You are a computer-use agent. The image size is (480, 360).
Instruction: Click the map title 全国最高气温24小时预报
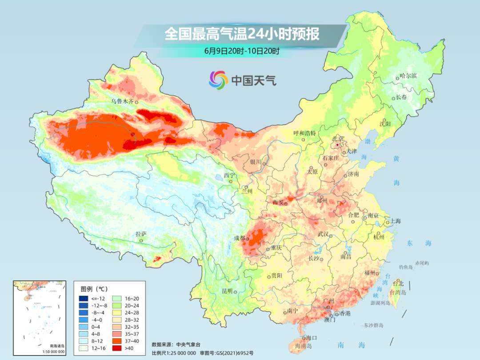coord(242,34)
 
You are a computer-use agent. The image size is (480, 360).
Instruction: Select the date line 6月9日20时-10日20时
coord(242,51)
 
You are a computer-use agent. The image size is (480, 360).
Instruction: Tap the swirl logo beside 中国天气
coord(218,80)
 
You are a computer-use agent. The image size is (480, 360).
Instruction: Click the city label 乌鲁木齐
coord(122,101)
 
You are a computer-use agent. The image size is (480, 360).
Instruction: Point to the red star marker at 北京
coord(337,145)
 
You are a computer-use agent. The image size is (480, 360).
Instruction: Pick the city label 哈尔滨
coord(408,76)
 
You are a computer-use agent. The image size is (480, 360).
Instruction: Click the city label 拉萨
coord(141,234)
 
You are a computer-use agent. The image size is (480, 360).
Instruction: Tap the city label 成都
coord(239,238)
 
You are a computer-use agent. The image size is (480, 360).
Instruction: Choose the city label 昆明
coord(227,291)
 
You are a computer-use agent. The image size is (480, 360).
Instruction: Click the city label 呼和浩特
coord(304,133)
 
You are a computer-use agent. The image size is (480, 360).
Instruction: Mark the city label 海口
coord(311,338)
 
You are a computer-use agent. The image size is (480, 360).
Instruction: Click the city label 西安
coord(278,202)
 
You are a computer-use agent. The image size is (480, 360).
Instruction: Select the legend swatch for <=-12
coord(84,298)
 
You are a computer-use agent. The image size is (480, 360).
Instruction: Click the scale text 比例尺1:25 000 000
coord(173,352)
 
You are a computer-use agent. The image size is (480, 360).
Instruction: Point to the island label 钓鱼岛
coord(406,267)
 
